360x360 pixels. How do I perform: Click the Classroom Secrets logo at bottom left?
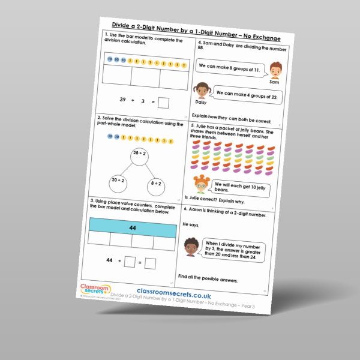(92, 291)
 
